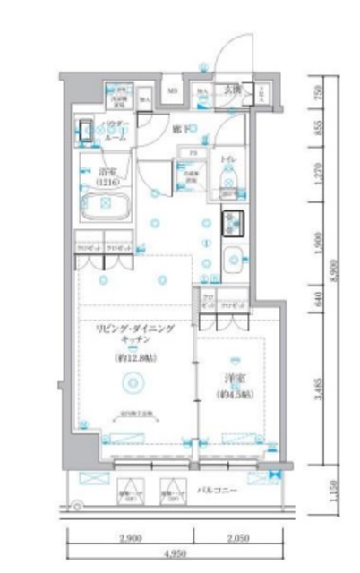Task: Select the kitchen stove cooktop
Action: pyautogui.click(x=234, y=219)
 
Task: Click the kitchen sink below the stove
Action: pyautogui.click(x=232, y=259)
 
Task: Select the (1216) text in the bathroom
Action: pyautogui.click(x=108, y=179)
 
